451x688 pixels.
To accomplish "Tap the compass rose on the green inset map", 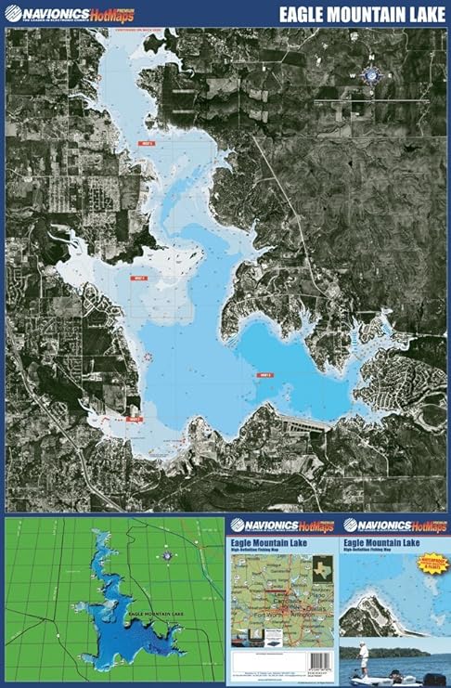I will coord(166,555).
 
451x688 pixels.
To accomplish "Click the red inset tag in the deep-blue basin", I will coord(264,375).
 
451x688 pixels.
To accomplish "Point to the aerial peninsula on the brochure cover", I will coord(371,613).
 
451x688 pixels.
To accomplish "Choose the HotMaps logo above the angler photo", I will coord(395,525).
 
